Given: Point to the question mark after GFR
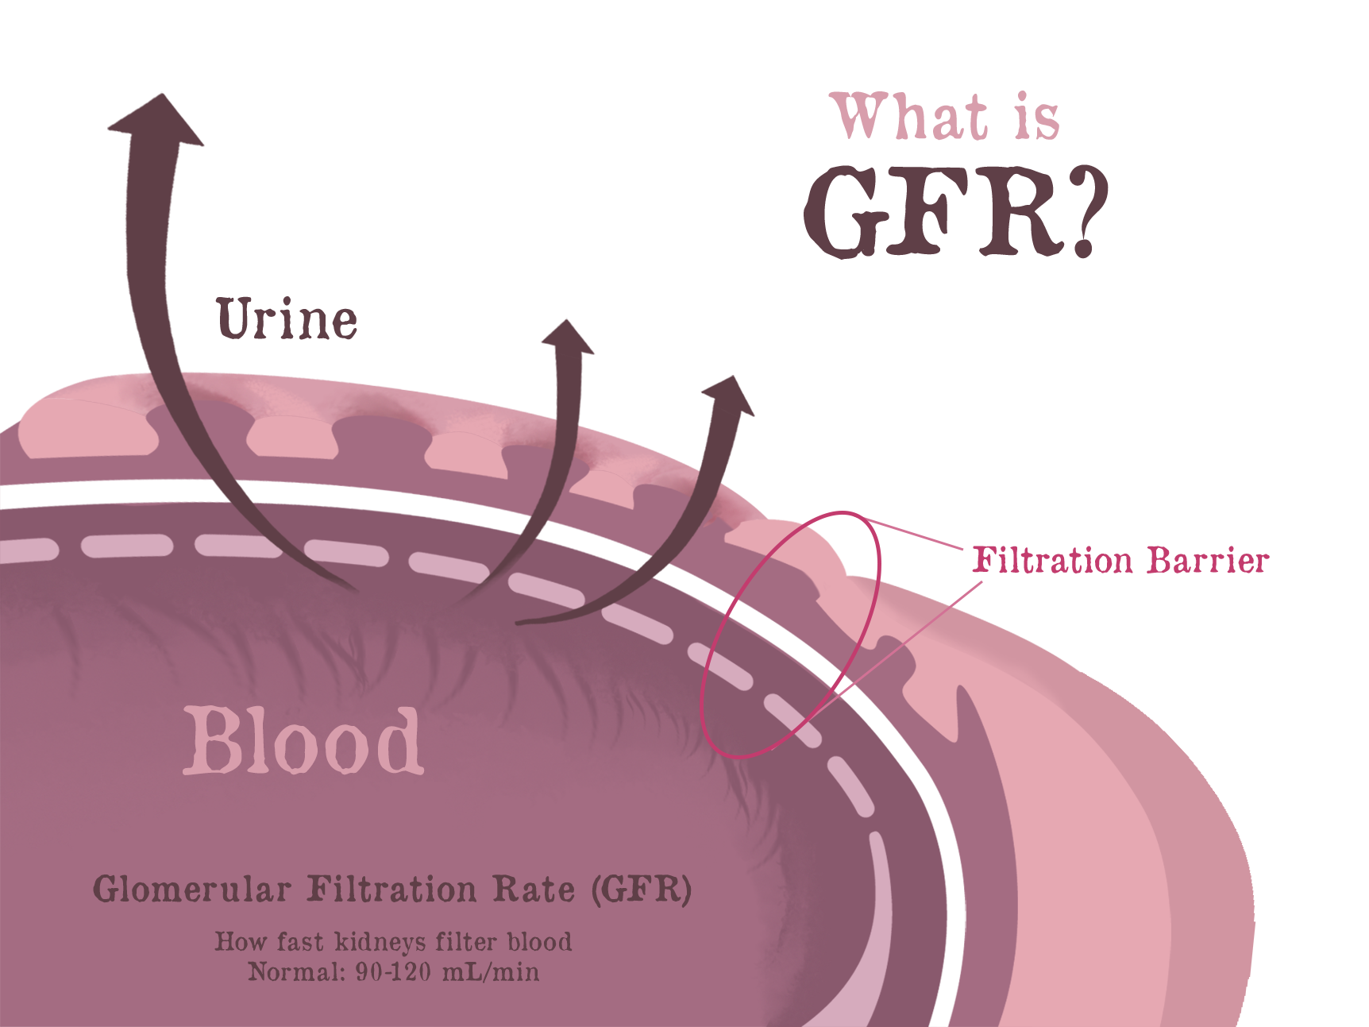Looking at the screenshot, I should (1084, 212).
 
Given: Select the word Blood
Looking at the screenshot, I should (303, 741).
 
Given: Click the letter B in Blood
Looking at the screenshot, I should (210, 741).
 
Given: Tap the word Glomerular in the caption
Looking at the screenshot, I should (192, 890).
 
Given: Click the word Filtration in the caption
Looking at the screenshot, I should (391, 890).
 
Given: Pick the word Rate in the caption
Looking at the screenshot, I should (534, 890).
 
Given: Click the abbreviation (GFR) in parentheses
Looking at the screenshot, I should (642, 890).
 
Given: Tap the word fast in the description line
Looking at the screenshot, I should (301, 942).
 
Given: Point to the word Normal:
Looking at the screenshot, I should (296, 972).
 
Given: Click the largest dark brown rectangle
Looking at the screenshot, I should (234, 230).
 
